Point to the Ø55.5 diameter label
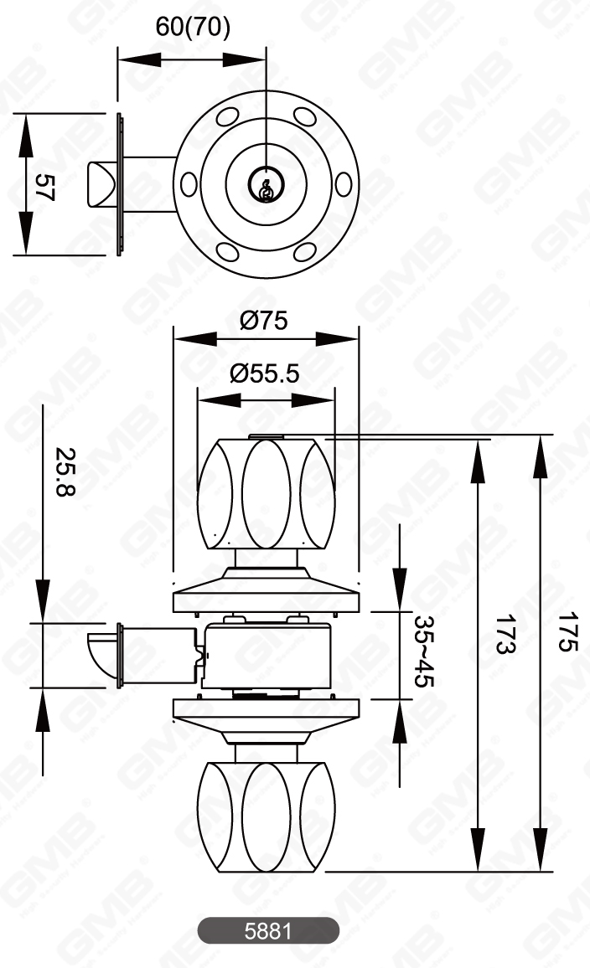(x=265, y=373)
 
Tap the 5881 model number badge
(x=268, y=930)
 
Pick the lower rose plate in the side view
(x=267, y=709)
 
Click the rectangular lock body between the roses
(x=267, y=656)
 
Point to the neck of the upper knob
(x=267, y=558)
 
